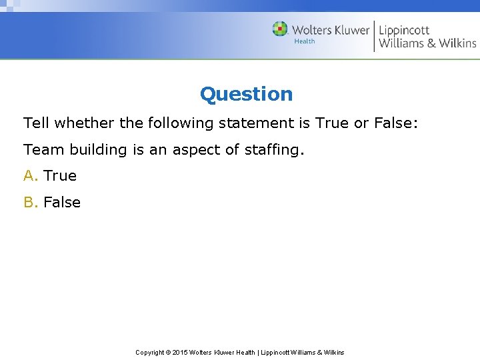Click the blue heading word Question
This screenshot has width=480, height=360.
pyautogui.click(x=246, y=95)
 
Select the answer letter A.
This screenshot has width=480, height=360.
pyautogui.click(x=30, y=176)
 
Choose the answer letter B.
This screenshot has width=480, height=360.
pyautogui.click(x=30, y=203)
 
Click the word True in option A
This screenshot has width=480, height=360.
pyautogui.click(x=60, y=176)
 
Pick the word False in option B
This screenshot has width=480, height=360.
pyautogui.click(x=62, y=203)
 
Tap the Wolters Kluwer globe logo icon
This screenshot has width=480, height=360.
pyautogui.click(x=280, y=29)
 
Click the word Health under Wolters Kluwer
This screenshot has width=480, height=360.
pyautogui.click(x=305, y=41)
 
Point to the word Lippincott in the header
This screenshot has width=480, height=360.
pyautogui.click(x=404, y=30)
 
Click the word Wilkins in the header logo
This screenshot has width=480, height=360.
pyautogui.click(x=457, y=43)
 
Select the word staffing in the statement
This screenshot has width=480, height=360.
pyautogui.click(x=275, y=150)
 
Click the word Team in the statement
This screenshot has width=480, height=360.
pyautogui.click(x=41, y=150)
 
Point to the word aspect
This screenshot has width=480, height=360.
pyautogui.click(x=197, y=150)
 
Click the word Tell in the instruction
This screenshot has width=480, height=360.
pyautogui.click(x=37, y=123)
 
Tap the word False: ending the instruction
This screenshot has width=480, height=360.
pyautogui.click(x=395, y=123)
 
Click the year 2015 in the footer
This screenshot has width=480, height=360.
pyautogui.click(x=180, y=353)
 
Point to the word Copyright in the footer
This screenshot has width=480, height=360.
pyautogui.click(x=152, y=353)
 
